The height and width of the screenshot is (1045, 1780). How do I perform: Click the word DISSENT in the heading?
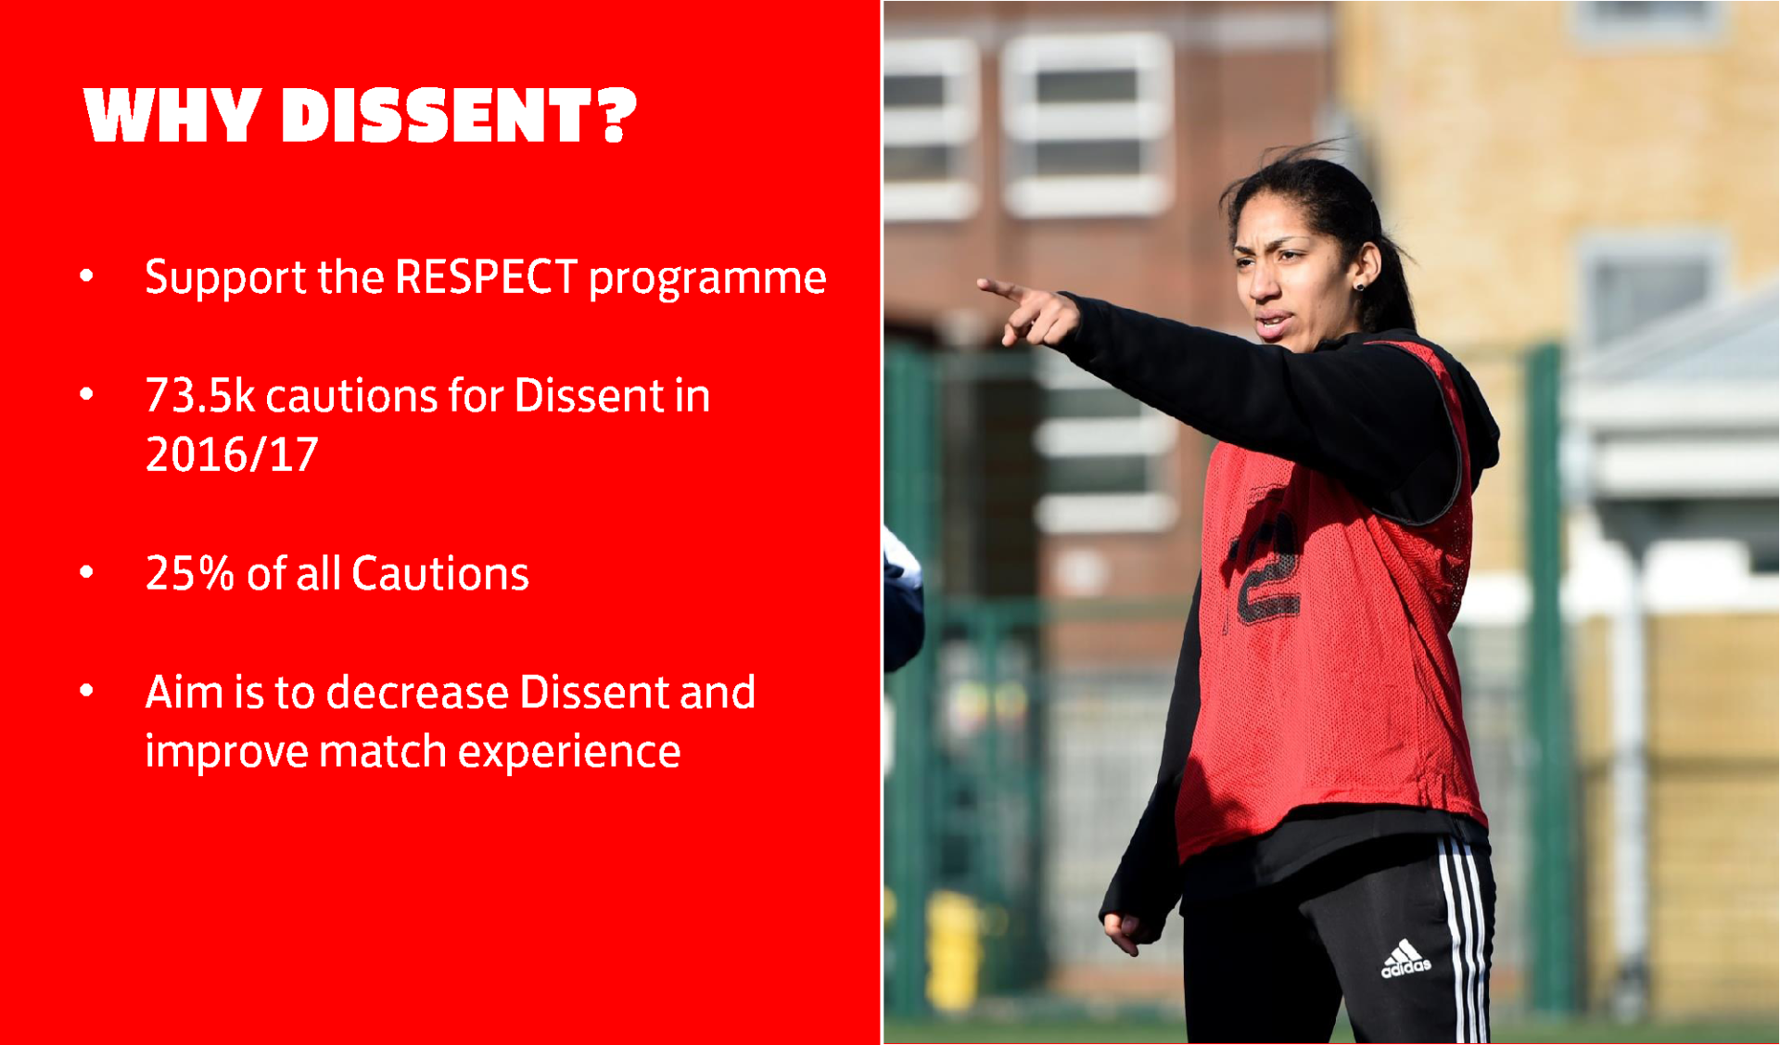pyautogui.click(x=437, y=116)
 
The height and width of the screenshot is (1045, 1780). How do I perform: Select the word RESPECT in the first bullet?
pyautogui.click(x=486, y=276)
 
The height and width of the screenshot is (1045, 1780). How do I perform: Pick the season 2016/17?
pyautogui.click(x=232, y=454)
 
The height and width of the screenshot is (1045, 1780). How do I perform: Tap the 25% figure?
pyautogui.click(x=189, y=573)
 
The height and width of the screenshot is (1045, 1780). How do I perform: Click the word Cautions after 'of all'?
pyautogui.click(x=440, y=573)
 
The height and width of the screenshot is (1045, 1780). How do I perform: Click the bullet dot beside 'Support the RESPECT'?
pyautogui.click(x=86, y=275)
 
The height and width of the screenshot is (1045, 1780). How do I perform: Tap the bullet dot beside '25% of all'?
pyautogui.click(x=86, y=572)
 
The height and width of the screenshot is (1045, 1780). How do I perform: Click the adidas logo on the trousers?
pyautogui.click(x=1405, y=960)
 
